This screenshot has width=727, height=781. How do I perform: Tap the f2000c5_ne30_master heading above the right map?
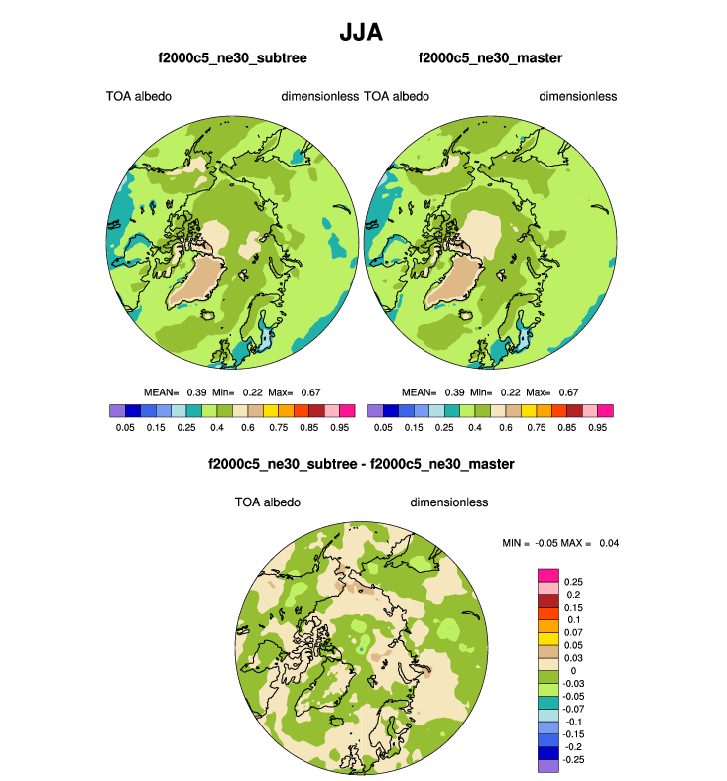tap(490, 59)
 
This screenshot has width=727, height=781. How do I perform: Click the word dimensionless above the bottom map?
tap(449, 502)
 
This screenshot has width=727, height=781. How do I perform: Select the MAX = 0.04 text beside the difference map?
tap(590, 542)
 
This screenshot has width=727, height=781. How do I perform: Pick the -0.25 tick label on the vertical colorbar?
tap(575, 758)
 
